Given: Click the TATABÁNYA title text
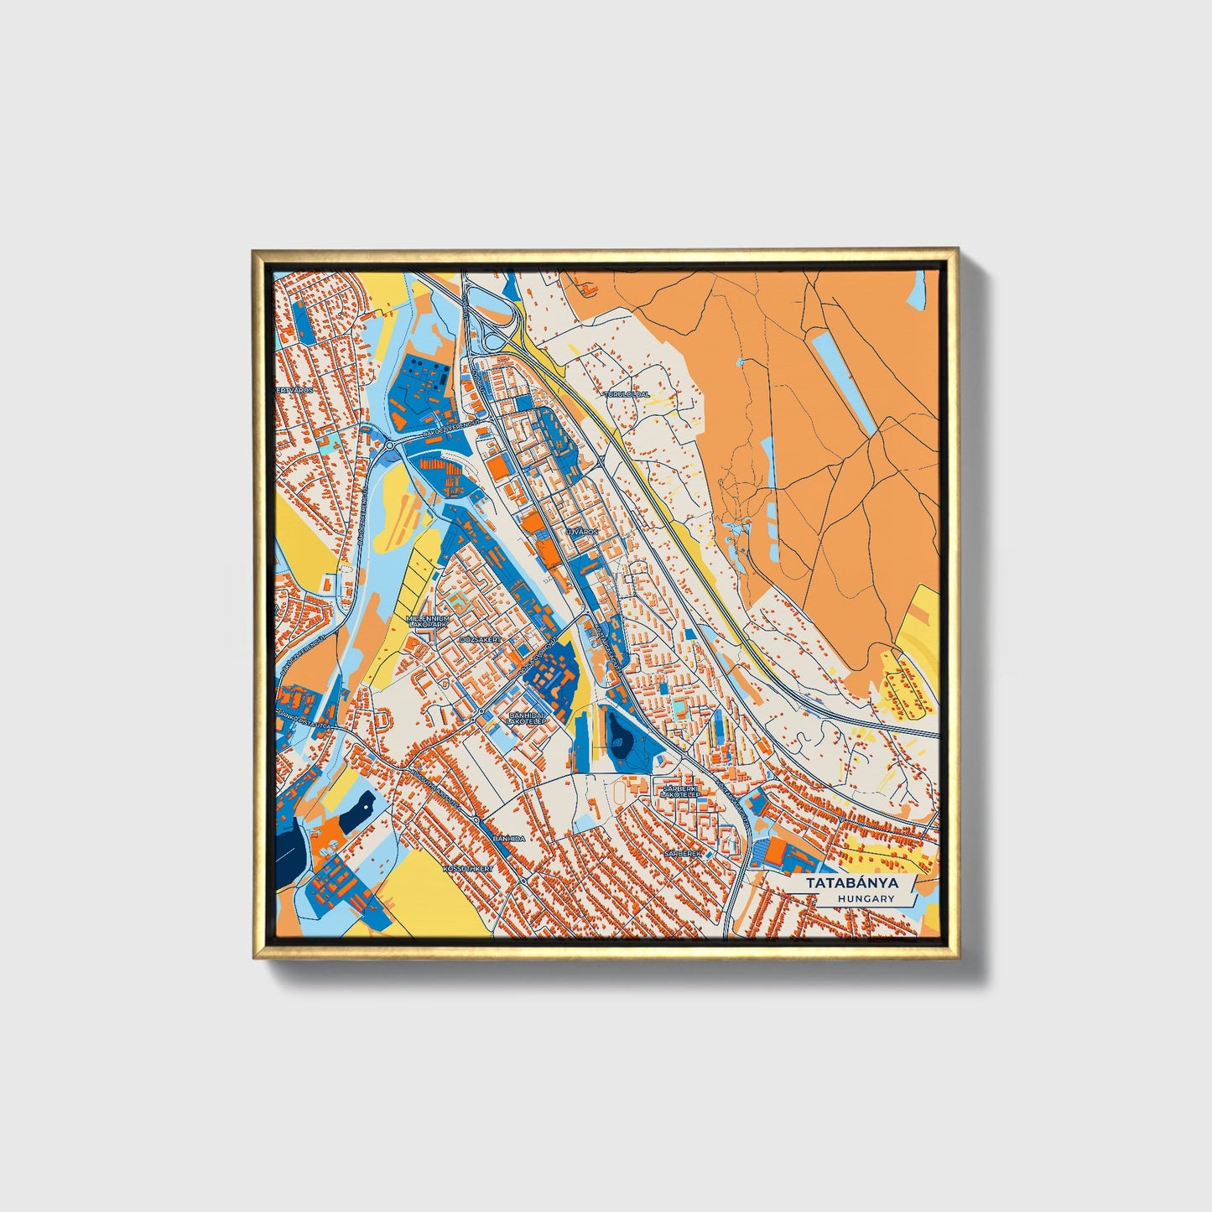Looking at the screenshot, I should tap(852, 883).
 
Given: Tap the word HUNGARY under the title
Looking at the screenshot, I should tap(865, 899).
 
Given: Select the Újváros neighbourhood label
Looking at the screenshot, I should tap(580, 532).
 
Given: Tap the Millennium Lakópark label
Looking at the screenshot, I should tap(428, 622).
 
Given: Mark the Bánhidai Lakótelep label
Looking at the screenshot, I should tap(528, 719).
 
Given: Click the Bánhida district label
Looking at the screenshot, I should tap(508, 838).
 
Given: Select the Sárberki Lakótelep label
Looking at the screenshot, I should tap(681, 792).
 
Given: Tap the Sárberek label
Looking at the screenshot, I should tap(681, 852).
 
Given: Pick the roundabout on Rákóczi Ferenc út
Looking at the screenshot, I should tap(389, 445).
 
